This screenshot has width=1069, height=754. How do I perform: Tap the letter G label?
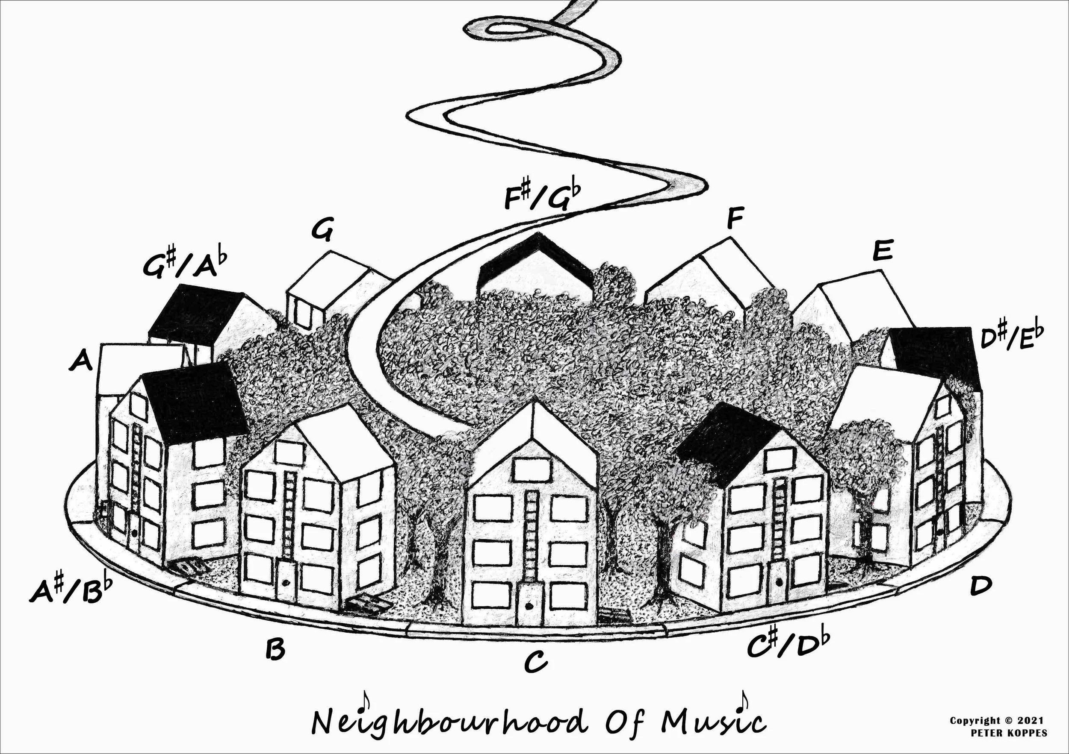point(322,231)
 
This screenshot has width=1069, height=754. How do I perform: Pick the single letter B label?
point(275,649)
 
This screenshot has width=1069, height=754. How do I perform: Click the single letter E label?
point(882,251)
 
